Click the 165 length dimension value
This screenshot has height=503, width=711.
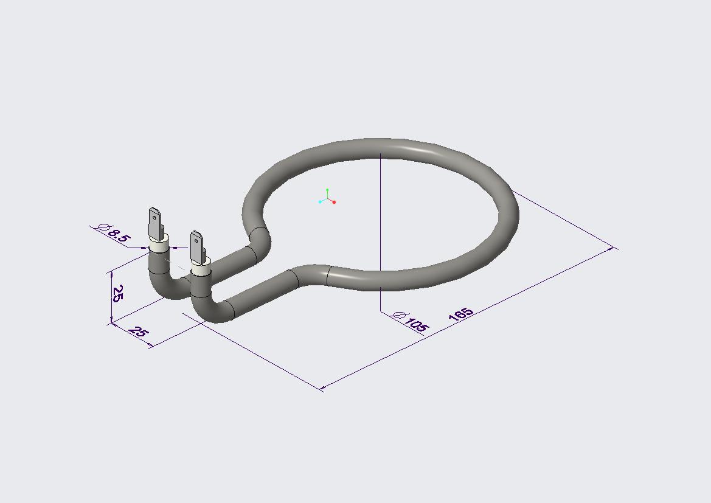coord(460,314)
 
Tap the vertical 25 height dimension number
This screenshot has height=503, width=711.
coord(117,293)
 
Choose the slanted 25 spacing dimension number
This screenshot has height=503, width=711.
coord(138,331)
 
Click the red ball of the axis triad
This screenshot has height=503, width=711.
coord(334,203)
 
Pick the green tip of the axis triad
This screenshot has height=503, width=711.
coord(327,190)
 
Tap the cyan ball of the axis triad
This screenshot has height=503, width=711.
coord(320,202)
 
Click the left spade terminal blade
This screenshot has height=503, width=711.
coord(156,224)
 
